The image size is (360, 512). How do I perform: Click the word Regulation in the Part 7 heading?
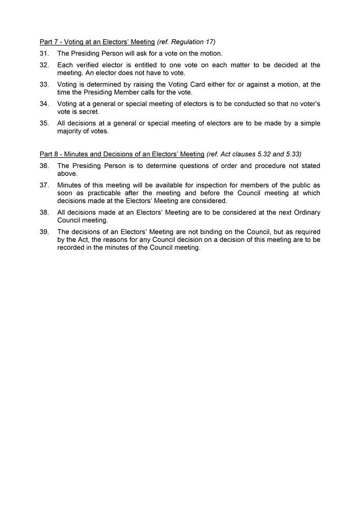coord(188,42)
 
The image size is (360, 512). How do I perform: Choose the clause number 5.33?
coord(291,154)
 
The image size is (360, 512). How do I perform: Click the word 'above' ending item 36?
coord(67,174)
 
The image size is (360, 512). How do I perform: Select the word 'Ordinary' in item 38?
coord(306,212)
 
